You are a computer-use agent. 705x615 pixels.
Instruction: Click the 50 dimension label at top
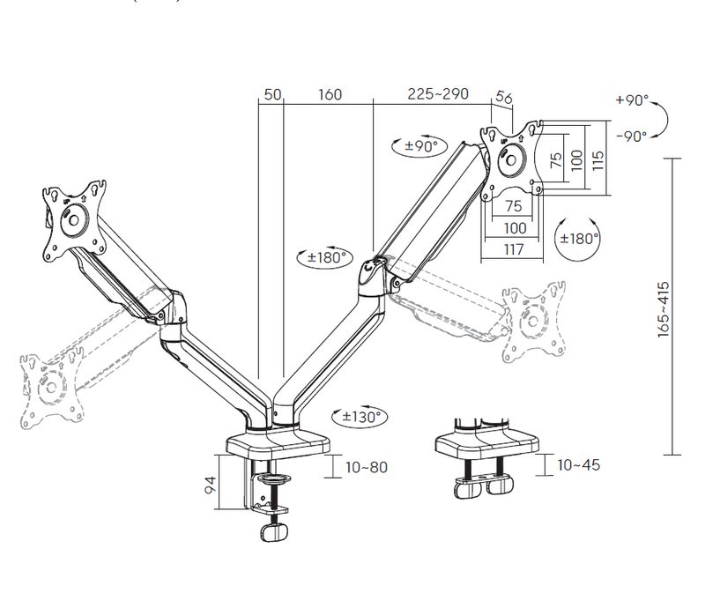click(x=272, y=94)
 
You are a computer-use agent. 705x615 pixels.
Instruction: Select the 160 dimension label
click(x=330, y=94)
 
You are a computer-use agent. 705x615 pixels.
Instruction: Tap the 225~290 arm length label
click(x=438, y=93)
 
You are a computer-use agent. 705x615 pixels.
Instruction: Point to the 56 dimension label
click(x=504, y=97)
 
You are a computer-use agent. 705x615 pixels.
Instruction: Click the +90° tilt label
click(x=632, y=100)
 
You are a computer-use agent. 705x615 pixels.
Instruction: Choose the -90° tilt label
click(x=631, y=136)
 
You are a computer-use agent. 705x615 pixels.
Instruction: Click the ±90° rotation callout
click(x=420, y=145)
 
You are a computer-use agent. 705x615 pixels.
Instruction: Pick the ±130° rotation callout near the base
click(x=360, y=416)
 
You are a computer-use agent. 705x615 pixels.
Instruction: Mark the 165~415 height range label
click(x=664, y=309)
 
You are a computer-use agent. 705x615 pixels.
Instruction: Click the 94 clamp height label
click(x=210, y=485)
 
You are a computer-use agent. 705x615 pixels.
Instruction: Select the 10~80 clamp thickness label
click(x=367, y=467)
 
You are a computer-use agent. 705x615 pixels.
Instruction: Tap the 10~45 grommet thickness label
click(x=579, y=465)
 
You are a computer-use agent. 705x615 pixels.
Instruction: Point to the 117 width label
click(x=514, y=249)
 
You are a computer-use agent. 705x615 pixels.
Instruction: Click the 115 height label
click(x=597, y=160)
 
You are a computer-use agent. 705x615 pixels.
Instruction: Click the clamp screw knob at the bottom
click(x=274, y=533)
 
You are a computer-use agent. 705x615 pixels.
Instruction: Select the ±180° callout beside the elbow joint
click(x=324, y=257)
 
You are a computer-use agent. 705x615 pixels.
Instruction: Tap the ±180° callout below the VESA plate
click(x=578, y=239)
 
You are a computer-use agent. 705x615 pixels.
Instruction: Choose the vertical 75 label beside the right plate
click(x=556, y=159)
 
